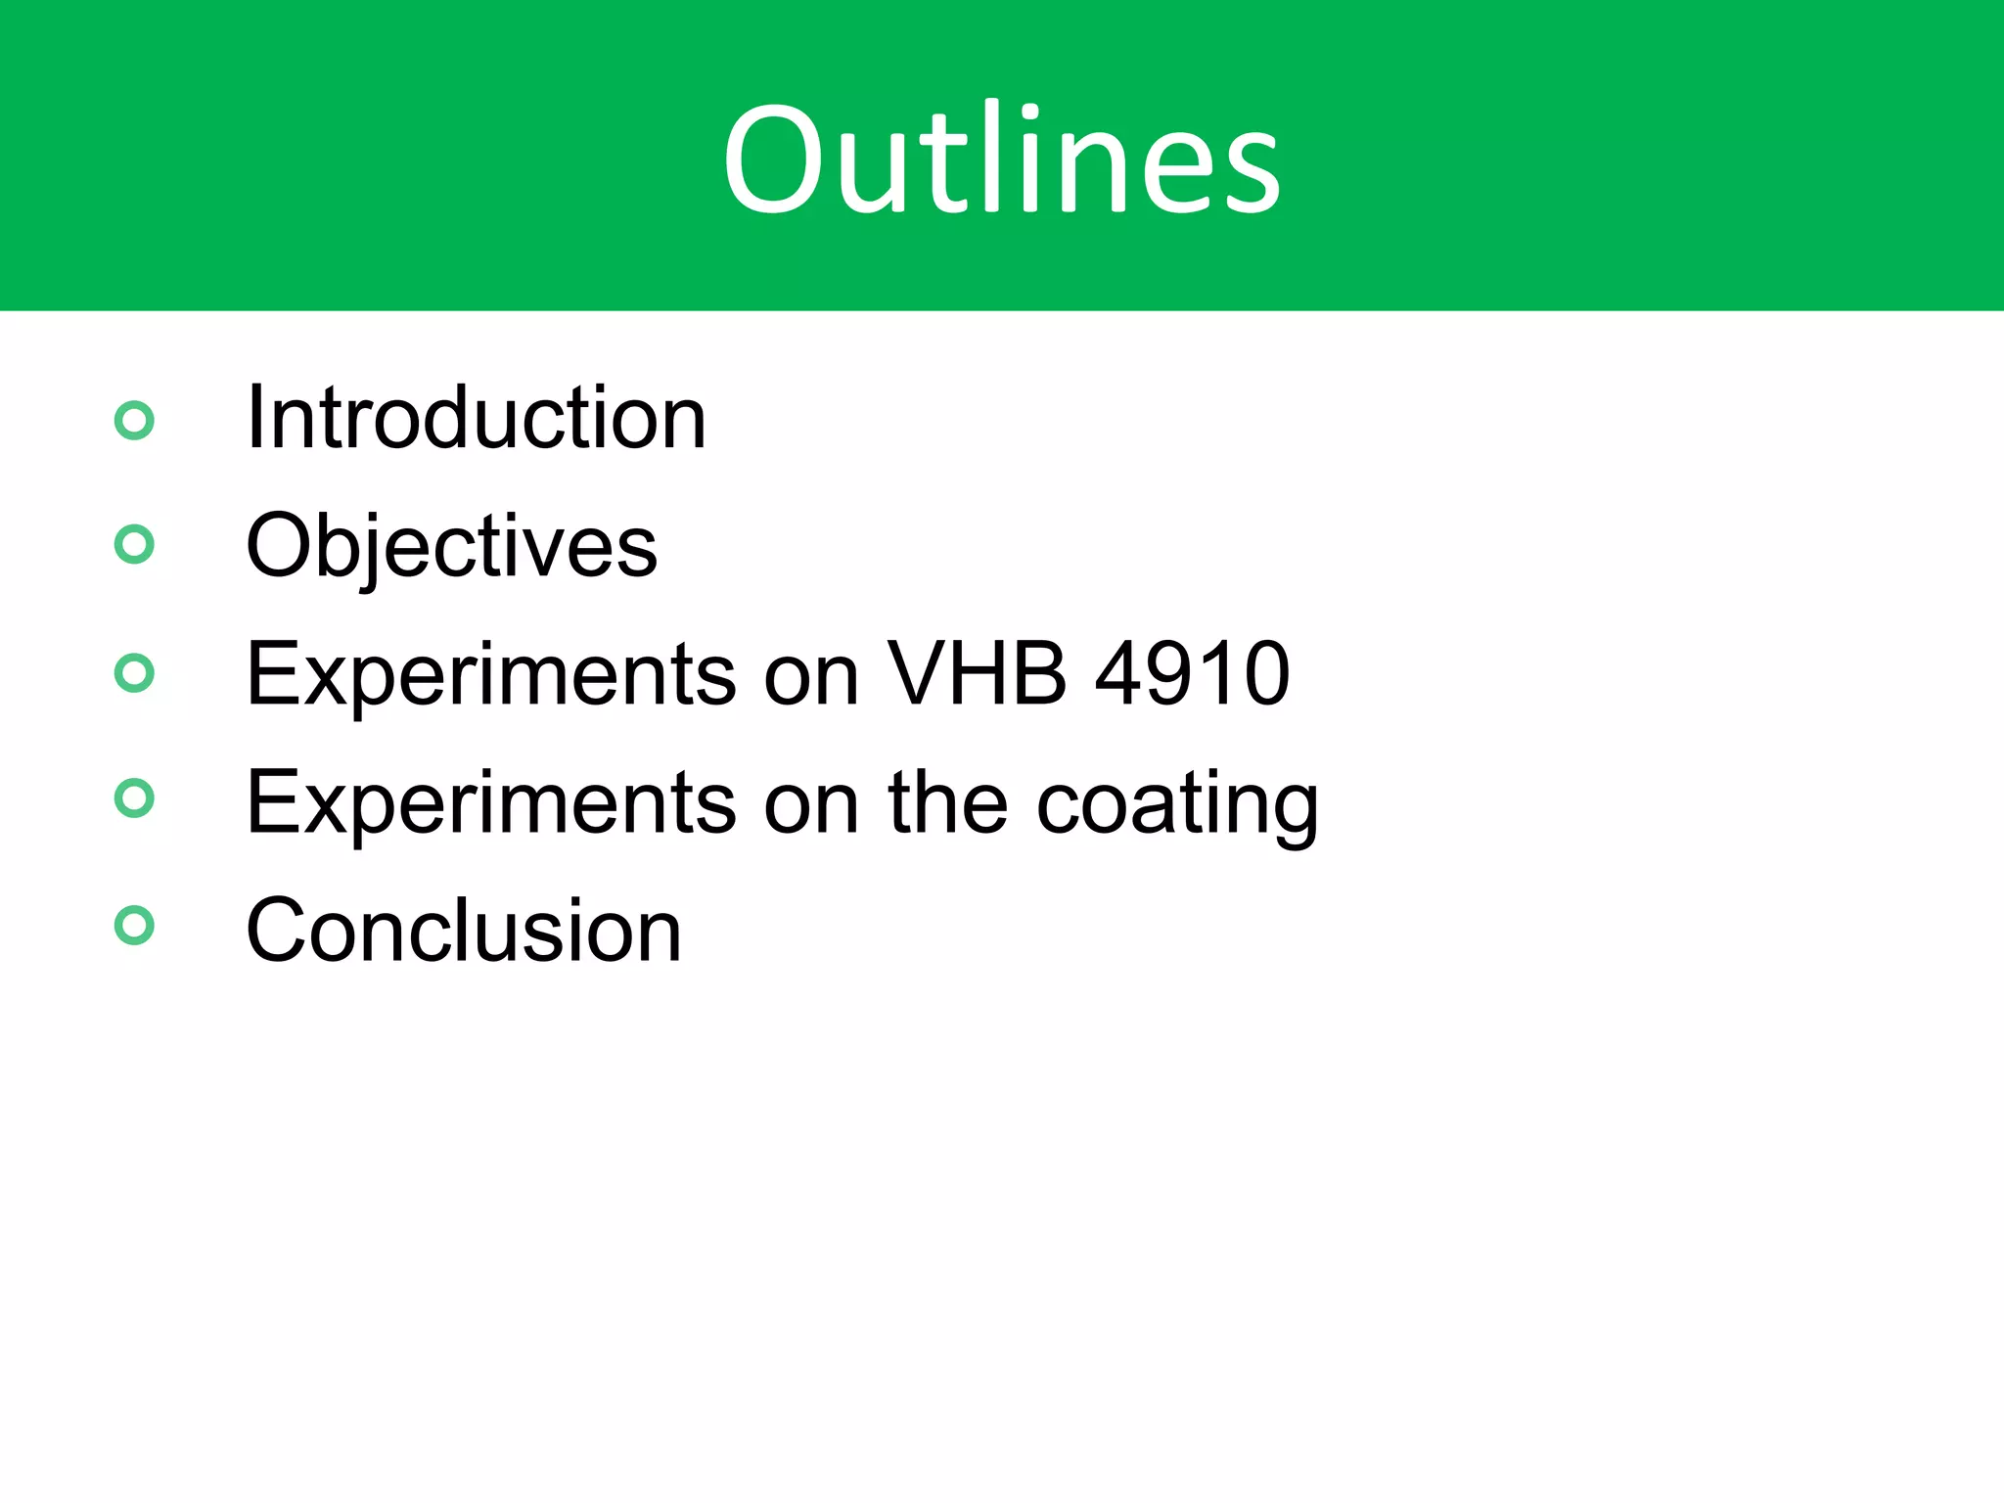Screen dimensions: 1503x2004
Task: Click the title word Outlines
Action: (1001, 159)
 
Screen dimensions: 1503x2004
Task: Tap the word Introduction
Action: (476, 419)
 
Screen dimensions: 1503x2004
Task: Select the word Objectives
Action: (451, 546)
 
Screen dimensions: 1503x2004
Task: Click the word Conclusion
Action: (463, 931)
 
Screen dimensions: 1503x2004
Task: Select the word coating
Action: (1176, 804)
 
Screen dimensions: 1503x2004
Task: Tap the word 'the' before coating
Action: (947, 802)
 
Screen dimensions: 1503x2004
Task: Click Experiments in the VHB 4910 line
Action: (491, 675)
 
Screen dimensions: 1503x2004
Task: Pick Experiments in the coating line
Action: (491, 804)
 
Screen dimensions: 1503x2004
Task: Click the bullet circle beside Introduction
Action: (134, 421)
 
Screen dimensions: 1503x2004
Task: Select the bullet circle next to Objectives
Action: (134, 545)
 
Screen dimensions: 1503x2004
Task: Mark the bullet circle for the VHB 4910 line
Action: (134, 673)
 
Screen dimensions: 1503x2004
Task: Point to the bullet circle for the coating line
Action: (134, 797)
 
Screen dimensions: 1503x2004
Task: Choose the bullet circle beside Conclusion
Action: (134, 926)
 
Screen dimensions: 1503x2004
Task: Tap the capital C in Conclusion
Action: (278, 931)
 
